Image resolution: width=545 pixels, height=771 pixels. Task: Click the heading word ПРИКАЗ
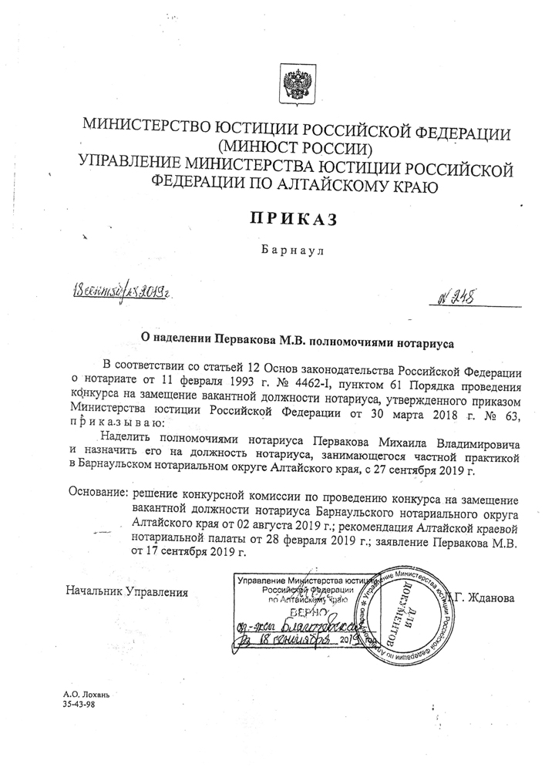pos(294,220)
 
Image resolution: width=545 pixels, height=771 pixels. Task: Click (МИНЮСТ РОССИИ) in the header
pos(295,146)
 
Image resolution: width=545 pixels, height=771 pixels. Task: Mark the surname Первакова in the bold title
pos(235,337)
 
